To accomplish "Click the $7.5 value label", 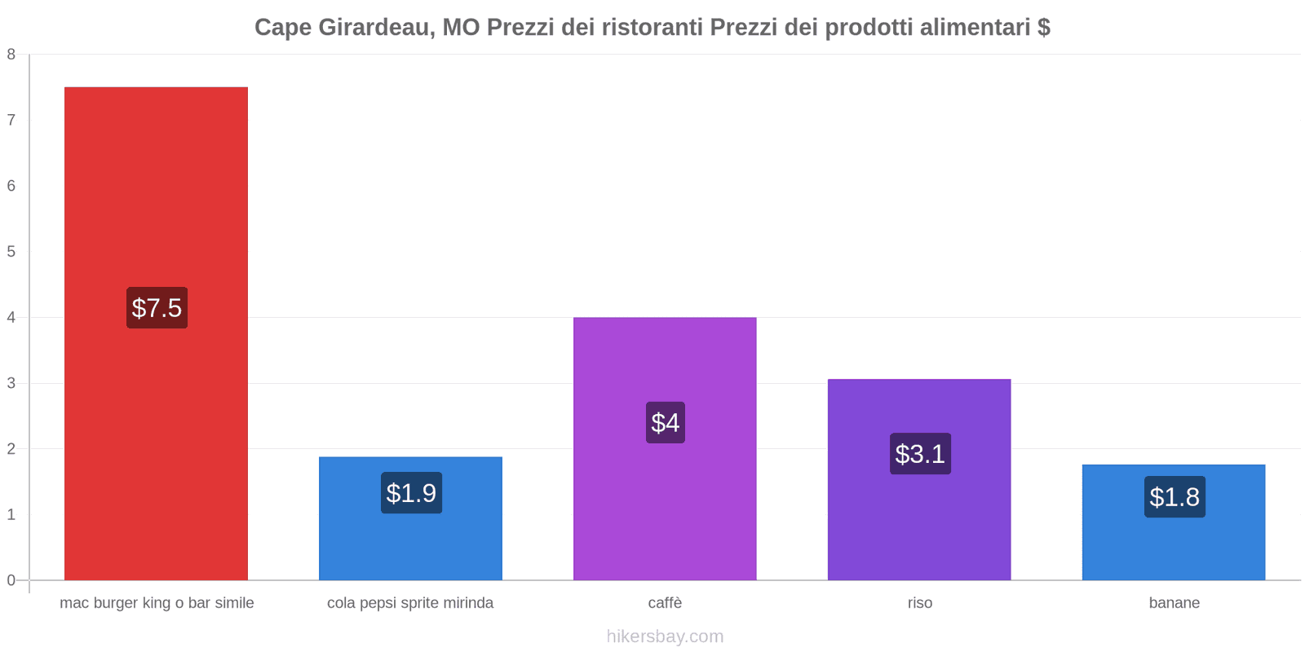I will [x=157, y=308].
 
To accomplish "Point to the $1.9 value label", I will [x=411, y=493].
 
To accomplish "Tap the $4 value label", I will [x=666, y=423].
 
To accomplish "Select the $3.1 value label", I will [x=920, y=454].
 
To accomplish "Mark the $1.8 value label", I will [x=1174, y=497].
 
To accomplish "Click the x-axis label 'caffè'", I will [x=665, y=603].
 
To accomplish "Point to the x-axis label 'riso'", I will [x=919, y=603].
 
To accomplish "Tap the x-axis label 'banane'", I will [x=1174, y=603].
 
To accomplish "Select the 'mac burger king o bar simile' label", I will [x=157, y=603].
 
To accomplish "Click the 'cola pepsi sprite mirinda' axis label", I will [x=410, y=603].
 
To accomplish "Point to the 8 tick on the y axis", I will [x=11, y=55].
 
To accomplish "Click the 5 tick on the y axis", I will [x=11, y=252].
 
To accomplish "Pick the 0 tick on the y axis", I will [x=11, y=580].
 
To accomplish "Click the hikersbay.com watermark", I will [x=665, y=637].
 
